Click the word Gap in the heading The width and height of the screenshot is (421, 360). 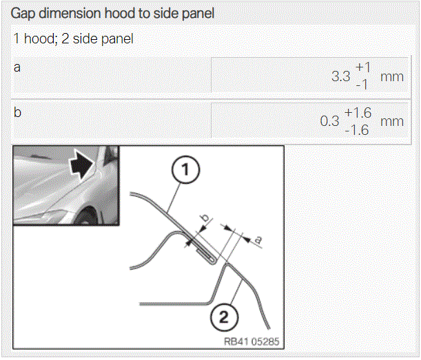click(23, 13)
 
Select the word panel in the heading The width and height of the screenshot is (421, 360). click(198, 13)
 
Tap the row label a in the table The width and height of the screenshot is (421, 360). click(17, 67)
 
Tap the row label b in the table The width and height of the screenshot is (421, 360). click(17, 112)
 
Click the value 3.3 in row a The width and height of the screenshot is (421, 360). click(340, 76)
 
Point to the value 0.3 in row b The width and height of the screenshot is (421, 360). click(329, 121)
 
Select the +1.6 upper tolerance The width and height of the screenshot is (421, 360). click(358, 112)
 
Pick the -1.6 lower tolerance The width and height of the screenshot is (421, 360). click(357, 130)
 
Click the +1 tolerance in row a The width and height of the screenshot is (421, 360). click(363, 67)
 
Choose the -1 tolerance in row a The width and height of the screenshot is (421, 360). click(362, 85)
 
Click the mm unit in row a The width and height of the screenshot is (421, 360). click(392, 77)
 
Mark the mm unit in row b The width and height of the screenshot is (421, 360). click(392, 122)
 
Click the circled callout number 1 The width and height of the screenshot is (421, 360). click(185, 170)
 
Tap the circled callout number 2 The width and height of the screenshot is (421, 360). click(224, 317)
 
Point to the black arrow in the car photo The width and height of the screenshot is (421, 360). click(81, 165)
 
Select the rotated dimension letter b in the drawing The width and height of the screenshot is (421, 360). click(205, 218)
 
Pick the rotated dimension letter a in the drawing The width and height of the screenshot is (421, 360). click(258, 240)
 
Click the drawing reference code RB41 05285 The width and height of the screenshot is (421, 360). click(251, 341)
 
